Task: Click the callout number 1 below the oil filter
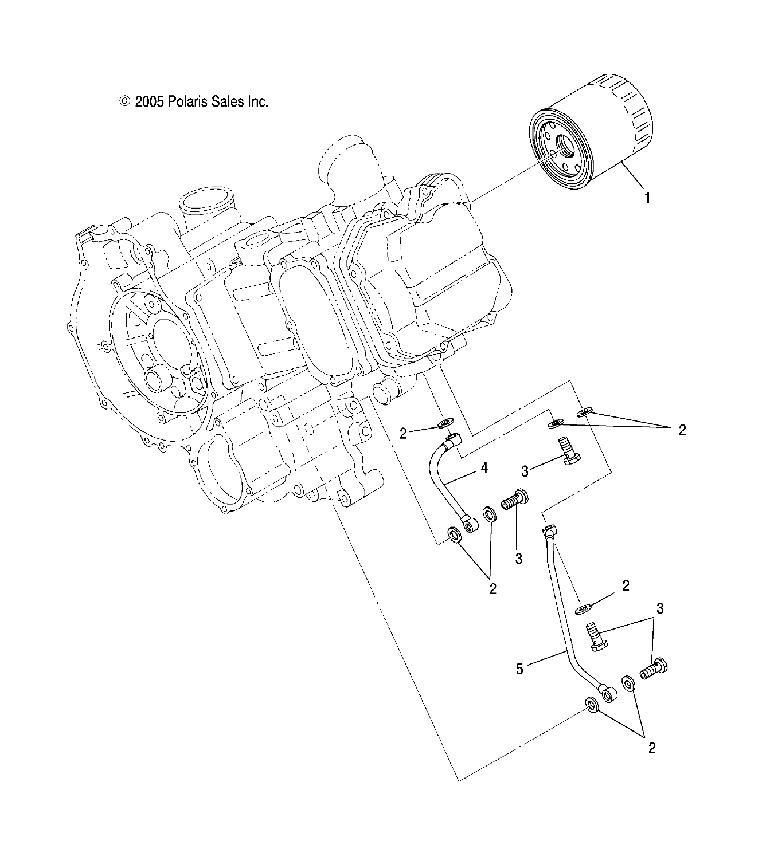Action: coord(647,199)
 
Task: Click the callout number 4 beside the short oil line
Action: coord(484,469)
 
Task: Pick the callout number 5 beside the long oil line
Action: coord(519,669)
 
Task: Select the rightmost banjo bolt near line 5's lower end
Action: coord(655,668)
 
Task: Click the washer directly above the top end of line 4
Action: coord(444,424)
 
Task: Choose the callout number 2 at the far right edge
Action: coord(682,430)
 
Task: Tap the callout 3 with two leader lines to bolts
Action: coord(660,608)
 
